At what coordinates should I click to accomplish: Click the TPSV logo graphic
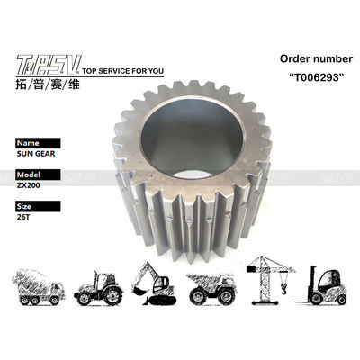click(49, 65)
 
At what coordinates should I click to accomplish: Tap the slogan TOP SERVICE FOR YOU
click(122, 71)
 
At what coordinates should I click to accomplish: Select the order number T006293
click(316, 77)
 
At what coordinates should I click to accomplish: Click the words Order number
click(316, 58)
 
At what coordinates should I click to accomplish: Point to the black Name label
click(38, 143)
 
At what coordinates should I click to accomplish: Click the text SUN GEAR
click(36, 154)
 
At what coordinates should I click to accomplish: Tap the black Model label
click(38, 175)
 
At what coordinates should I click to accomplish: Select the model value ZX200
click(28, 185)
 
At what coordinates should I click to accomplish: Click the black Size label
click(38, 206)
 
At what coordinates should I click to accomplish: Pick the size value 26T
click(23, 217)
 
